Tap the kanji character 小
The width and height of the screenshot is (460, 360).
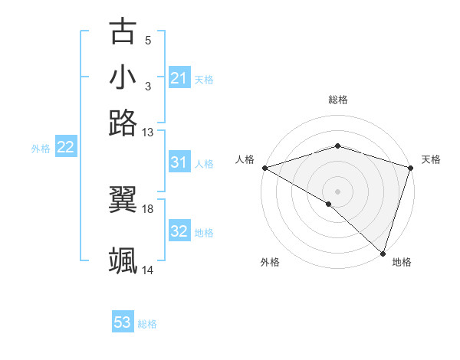[x=123, y=77]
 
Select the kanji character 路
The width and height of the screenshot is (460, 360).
[x=123, y=123]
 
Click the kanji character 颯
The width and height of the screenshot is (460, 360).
[x=123, y=260]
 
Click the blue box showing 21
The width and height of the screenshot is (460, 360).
[x=179, y=78]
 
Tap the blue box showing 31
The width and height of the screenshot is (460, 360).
[x=179, y=162]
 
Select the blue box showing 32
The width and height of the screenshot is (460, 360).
[x=179, y=232]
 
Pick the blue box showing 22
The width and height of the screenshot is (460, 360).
[x=65, y=148]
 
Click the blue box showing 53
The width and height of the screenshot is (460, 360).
[x=123, y=322]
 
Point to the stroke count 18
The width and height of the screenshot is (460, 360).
[x=148, y=208]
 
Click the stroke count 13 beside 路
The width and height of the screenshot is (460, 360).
[x=148, y=133]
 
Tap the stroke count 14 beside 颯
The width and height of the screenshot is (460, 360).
[x=148, y=270]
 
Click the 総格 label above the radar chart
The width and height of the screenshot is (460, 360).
[x=337, y=100]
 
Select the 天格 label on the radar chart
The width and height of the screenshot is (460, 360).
[x=431, y=159]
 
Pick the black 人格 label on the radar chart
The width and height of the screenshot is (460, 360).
[x=245, y=159]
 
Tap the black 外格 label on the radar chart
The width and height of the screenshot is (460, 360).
[x=270, y=262]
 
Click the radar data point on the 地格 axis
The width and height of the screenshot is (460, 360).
[x=383, y=254]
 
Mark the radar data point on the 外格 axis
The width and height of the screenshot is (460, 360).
[x=329, y=204]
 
